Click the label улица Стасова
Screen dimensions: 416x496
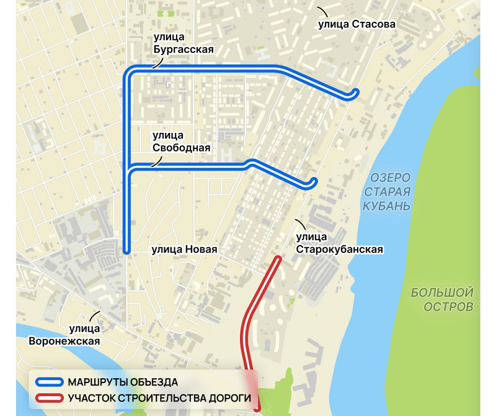(x=356, y=25)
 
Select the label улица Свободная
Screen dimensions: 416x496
(x=182, y=142)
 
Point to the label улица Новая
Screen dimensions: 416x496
(x=184, y=250)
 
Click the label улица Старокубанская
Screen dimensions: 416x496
(x=339, y=243)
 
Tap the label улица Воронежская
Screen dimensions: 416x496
(x=64, y=335)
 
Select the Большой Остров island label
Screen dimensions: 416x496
(x=442, y=299)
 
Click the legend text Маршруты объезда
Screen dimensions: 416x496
(x=123, y=382)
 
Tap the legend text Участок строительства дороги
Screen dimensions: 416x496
(x=159, y=398)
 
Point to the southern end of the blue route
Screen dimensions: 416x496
(x=126, y=251)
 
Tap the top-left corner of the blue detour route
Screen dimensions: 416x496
(x=128, y=70)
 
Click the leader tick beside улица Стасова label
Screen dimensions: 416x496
(x=322, y=12)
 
